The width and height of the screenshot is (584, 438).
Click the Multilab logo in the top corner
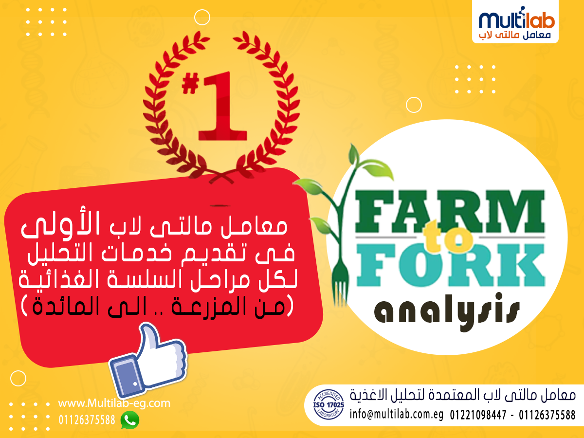(515, 22)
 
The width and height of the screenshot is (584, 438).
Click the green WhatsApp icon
(130, 420)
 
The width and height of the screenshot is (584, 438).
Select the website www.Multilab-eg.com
(114, 403)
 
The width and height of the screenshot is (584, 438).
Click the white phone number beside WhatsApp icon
(87, 420)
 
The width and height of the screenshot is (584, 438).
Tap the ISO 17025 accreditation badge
(328, 404)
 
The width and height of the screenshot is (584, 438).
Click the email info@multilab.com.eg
(397, 415)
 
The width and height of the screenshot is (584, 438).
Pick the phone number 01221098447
(478, 415)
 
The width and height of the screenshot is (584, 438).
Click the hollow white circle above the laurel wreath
(202, 18)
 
